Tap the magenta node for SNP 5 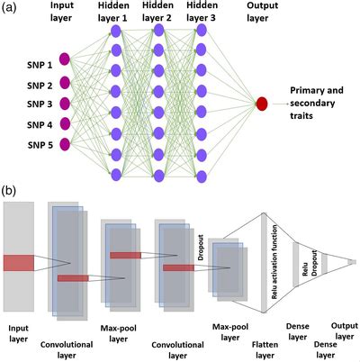pyautogui.click(x=64, y=144)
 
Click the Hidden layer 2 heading pyautogui.click(x=158, y=13)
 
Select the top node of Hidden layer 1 pyautogui.click(x=115, y=32)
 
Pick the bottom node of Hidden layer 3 pyautogui.click(x=202, y=175)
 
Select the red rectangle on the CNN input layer pyautogui.click(x=18, y=262)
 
